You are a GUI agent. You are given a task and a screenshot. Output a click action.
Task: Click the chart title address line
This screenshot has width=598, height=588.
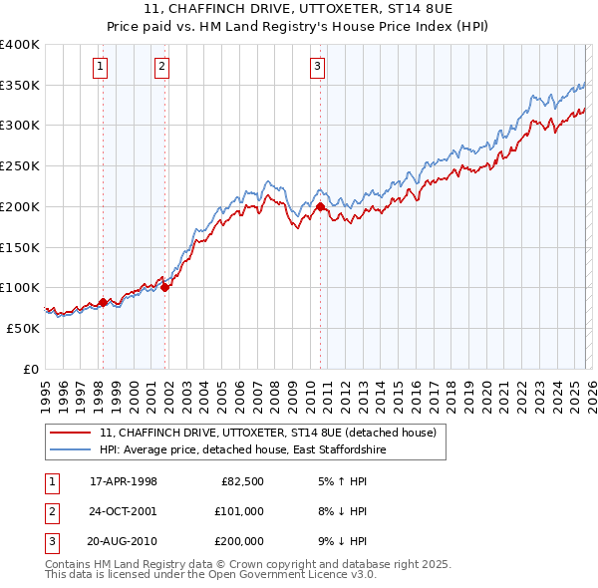[x=298, y=9]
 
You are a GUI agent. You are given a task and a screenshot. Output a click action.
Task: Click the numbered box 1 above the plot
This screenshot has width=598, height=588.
[x=102, y=67]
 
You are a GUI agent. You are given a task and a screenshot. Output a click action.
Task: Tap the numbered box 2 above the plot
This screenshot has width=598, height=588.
[x=161, y=67]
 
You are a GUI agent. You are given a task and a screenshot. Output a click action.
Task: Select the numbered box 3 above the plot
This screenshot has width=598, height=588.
[x=317, y=67]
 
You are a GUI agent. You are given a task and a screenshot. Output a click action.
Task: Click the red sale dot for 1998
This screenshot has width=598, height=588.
[x=103, y=301]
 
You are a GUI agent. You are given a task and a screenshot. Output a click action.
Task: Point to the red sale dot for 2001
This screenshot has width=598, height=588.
[x=165, y=287]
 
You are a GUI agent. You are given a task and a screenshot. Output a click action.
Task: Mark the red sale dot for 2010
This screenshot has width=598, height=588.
[x=321, y=206]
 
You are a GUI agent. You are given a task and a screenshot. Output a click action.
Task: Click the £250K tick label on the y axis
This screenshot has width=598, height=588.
[x=20, y=166]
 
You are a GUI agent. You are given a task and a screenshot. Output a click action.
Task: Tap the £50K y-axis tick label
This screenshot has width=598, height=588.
[x=23, y=328]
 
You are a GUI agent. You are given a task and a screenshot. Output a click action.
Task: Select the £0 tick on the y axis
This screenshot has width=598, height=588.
[x=30, y=369]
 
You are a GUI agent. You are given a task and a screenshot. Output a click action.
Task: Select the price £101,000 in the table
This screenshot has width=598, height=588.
[x=238, y=511]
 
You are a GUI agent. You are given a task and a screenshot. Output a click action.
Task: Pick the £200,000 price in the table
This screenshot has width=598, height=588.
[x=238, y=541]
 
